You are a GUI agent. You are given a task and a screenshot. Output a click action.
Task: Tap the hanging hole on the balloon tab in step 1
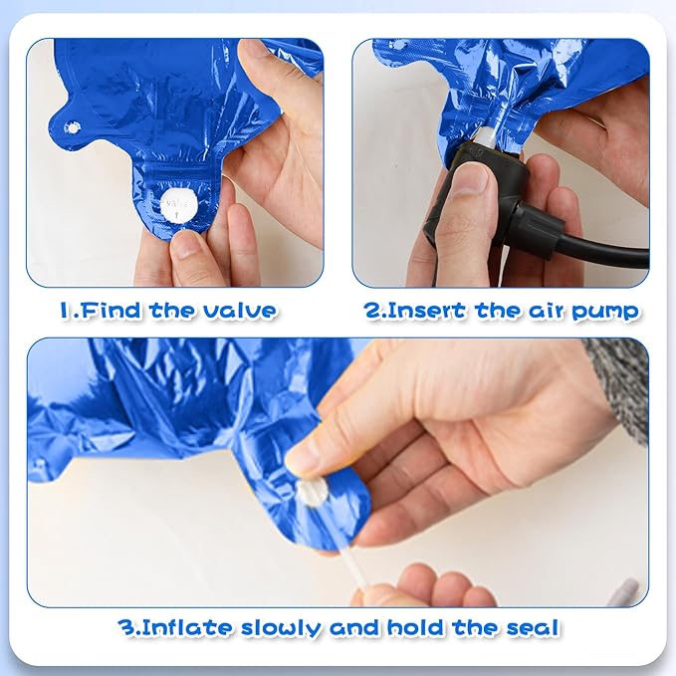pyautogui.click(x=72, y=127)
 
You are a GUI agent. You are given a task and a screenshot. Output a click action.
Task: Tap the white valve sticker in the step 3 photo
pyautogui.click(x=312, y=493)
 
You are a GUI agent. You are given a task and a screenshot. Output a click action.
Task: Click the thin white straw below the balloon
pyautogui.click(x=354, y=568)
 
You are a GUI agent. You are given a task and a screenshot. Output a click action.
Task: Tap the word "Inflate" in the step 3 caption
pyautogui.click(x=186, y=627)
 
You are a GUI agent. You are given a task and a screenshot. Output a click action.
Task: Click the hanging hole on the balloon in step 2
pyautogui.click(x=397, y=45)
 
